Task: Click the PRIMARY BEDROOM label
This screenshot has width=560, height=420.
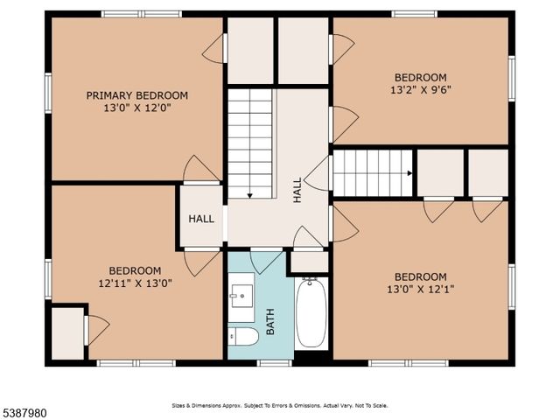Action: click(136, 95)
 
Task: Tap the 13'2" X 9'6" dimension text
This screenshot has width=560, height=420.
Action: click(421, 89)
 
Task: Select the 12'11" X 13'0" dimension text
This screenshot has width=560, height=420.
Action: click(135, 283)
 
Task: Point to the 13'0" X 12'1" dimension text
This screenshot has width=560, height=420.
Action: click(420, 289)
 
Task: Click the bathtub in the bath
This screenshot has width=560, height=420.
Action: click(311, 313)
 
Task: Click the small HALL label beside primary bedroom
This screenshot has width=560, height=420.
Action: click(201, 219)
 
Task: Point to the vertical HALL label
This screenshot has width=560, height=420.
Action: click(297, 190)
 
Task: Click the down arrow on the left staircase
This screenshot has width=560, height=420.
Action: click(250, 194)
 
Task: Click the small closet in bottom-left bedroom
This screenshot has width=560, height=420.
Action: click(67, 332)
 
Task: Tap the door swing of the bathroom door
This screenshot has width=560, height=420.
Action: click(266, 259)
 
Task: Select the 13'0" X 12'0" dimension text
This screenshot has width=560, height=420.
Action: click(136, 109)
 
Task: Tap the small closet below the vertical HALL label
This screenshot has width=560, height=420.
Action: click(309, 261)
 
